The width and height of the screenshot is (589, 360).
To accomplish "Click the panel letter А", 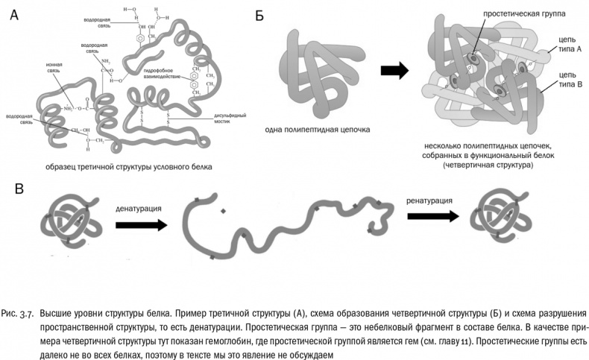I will coord(14,14).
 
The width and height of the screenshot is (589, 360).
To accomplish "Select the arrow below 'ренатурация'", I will coord(432,216).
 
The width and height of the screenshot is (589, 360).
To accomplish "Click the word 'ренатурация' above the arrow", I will coord(430,200).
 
